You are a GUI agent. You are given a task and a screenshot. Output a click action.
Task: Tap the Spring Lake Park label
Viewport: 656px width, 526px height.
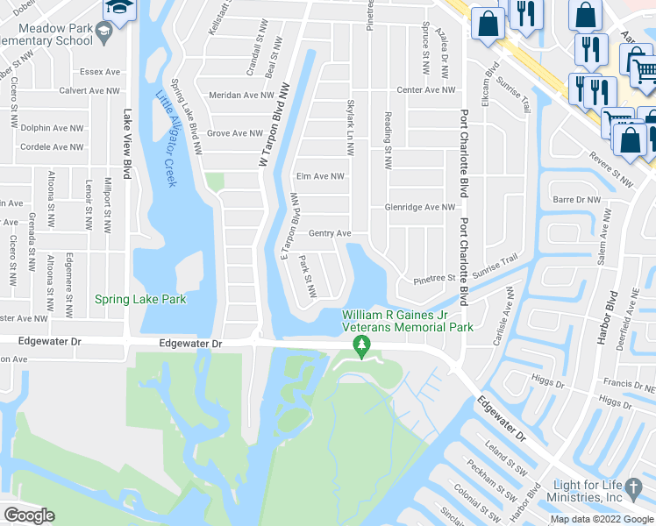pyautogui.click(x=140, y=299)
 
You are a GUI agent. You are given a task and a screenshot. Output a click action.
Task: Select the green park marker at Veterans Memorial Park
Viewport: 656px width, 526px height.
pyautogui.click(x=360, y=347)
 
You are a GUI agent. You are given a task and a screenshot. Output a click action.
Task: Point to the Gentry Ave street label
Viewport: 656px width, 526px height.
pyautogui.click(x=330, y=233)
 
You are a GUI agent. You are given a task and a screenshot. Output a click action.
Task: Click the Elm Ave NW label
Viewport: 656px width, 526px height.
pyautogui.click(x=320, y=176)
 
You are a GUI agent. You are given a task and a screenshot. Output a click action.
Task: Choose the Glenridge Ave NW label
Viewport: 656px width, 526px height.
pyautogui.click(x=420, y=208)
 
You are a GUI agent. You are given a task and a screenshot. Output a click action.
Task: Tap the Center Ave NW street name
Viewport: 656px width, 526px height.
pyautogui.click(x=426, y=89)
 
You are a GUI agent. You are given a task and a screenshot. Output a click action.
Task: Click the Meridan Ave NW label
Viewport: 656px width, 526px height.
pyautogui.click(x=241, y=96)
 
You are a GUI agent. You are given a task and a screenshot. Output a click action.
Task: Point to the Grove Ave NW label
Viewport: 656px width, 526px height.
pyautogui.click(x=234, y=134)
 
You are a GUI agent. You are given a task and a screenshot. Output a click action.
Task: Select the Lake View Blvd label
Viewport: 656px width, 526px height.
pyautogui.click(x=128, y=144)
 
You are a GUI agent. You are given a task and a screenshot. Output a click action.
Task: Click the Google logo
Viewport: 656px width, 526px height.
pyautogui.click(x=29, y=515)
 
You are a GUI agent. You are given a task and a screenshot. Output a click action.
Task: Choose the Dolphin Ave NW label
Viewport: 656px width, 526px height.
pyautogui.click(x=52, y=128)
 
